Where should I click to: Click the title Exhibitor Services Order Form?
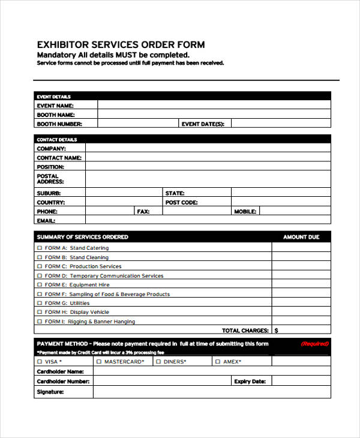pos(121,44)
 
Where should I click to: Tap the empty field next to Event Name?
pos(214,105)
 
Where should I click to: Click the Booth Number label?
pos(59,124)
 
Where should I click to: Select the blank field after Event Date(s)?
pos(280,124)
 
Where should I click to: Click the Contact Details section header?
pos(54,139)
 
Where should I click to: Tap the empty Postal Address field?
pos(208,179)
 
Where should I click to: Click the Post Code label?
pos(181,203)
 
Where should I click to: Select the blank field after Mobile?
pos(295,212)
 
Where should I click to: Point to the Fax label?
pos(143,212)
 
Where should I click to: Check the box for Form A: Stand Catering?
pos(40,248)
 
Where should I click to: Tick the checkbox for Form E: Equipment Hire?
pos(40,285)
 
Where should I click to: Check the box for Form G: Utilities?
pos(40,304)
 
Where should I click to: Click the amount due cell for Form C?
pos(301,266)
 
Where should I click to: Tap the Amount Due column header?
pos(301,237)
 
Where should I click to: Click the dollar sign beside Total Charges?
pos(276,331)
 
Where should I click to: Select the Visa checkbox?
pos(40,362)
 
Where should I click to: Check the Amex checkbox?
pos(218,362)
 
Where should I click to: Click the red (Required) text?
pos(314,344)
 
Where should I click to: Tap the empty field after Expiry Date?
pos(301,381)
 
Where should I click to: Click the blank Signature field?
pos(211,392)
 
